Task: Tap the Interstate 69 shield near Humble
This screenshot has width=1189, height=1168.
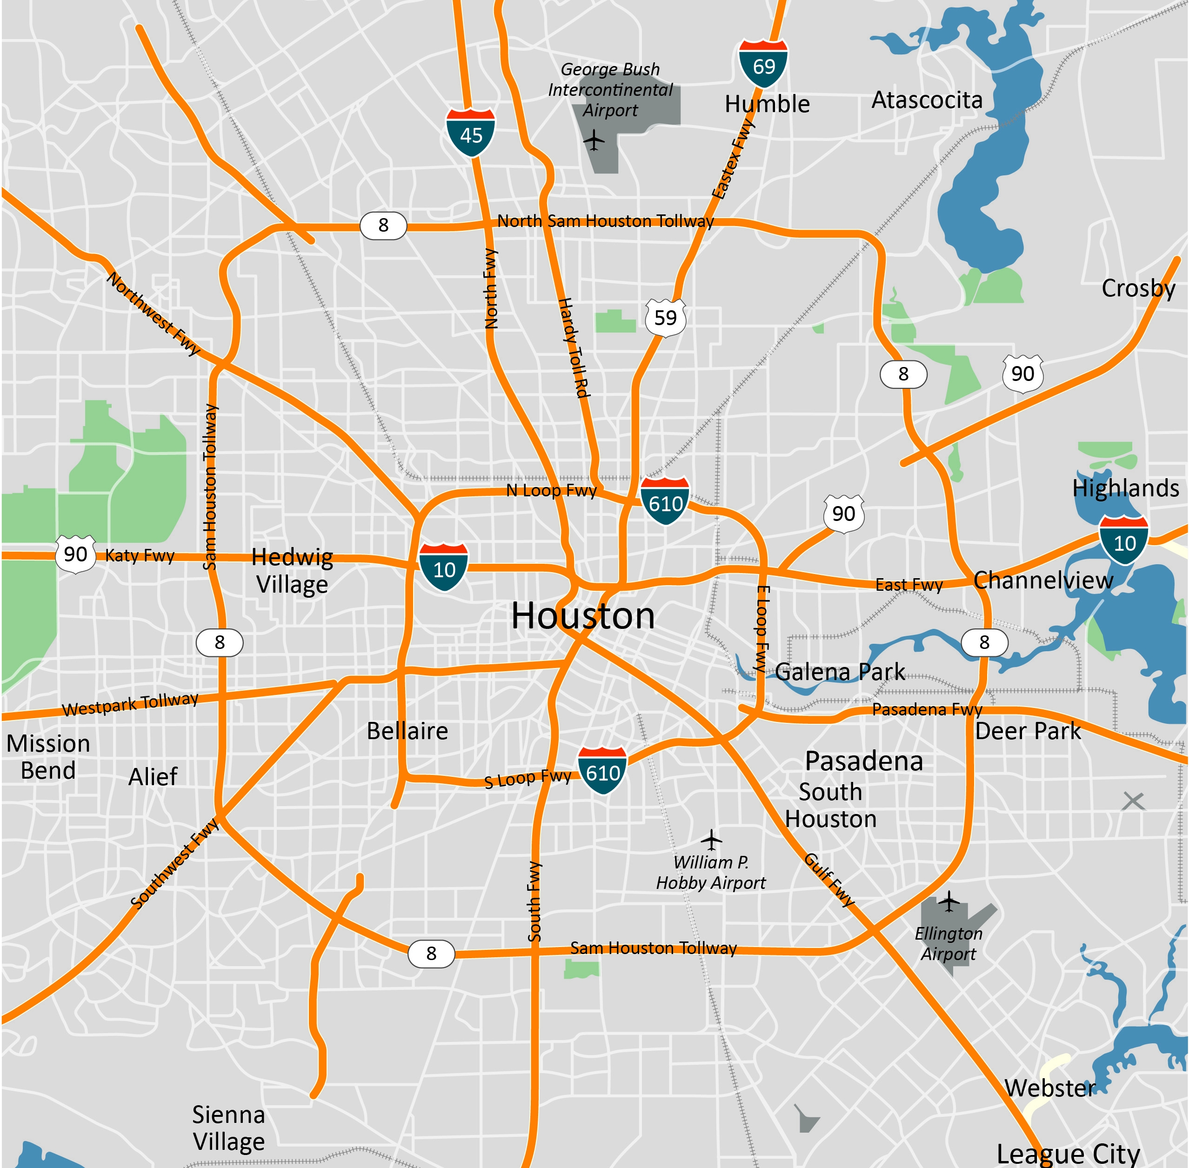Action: (763, 64)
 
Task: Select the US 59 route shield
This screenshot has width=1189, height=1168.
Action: (665, 318)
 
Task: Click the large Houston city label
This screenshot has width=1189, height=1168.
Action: (583, 615)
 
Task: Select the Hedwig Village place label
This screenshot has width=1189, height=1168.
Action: (292, 570)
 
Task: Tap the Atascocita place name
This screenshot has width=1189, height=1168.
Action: (927, 100)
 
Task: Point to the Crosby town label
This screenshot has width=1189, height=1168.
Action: (1138, 288)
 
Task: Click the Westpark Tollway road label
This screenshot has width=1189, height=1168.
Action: (130, 704)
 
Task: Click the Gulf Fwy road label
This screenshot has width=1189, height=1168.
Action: (829, 880)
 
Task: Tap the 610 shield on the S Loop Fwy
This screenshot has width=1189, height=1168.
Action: (602, 771)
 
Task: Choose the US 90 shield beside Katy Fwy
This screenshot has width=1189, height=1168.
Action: (75, 554)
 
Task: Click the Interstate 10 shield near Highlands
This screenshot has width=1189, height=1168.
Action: (1123, 541)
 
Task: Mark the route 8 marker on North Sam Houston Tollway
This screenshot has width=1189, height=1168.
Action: (383, 225)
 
